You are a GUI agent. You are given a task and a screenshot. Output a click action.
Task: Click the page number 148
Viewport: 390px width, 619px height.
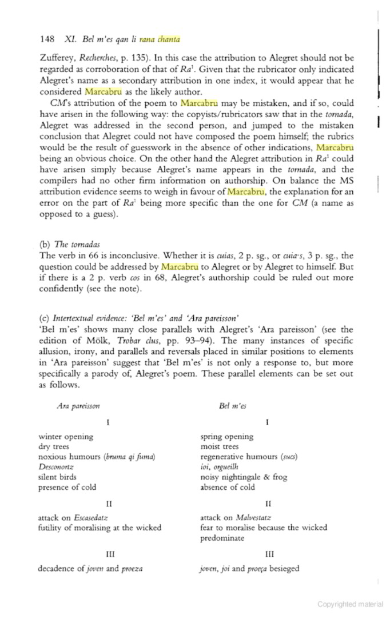[x=47, y=39]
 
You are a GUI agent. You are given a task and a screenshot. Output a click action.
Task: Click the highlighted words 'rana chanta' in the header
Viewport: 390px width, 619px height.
[x=160, y=39]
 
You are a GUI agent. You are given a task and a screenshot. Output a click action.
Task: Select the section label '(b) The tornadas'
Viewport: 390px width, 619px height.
[x=69, y=245]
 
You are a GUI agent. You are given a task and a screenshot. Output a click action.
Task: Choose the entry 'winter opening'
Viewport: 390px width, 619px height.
[x=65, y=436]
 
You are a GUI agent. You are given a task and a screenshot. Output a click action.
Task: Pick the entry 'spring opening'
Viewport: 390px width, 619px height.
[x=226, y=436]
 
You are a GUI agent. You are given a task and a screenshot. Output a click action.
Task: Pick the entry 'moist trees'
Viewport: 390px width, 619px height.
[x=219, y=446]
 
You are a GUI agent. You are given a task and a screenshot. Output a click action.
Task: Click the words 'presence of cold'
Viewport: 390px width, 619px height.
[x=67, y=487]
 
